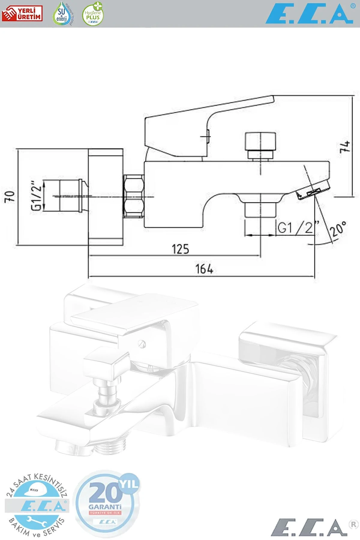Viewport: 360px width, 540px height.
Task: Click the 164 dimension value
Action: (x=204, y=269)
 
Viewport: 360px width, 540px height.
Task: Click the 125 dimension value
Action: (x=180, y=249)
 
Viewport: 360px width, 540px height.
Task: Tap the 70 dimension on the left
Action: (x=10, y=196)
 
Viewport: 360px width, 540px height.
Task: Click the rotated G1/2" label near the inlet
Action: (x=36, y=196)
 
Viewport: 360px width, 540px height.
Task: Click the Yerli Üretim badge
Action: (x=22, y=14)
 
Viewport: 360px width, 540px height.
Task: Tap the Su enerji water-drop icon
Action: (x=62, y=14)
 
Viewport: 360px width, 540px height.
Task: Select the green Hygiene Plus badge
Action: (x=93, y=14)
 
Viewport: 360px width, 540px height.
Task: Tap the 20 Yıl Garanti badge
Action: (x=107, y=504)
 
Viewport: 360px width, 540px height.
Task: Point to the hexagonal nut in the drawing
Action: (x=134, y=196)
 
